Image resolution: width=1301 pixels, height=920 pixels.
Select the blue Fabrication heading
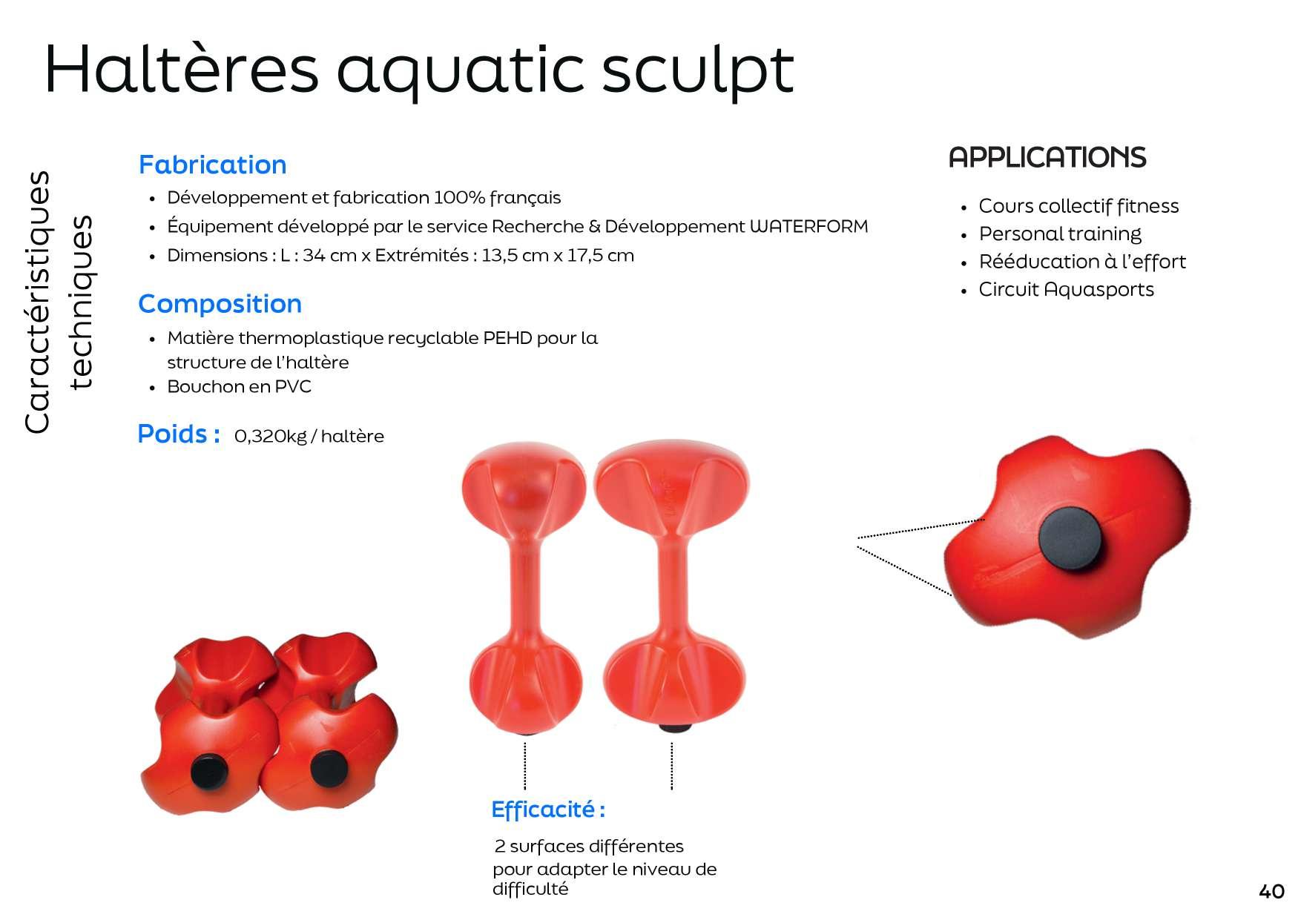point(212,165)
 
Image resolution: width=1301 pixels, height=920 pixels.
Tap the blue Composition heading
point(220,304)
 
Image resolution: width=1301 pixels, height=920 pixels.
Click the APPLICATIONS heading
point(1047,157)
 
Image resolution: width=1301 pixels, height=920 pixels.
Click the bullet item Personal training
point(1060,234)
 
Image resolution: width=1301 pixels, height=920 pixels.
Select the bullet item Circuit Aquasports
point(1067,289)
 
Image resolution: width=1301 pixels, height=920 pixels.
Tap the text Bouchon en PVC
point(239,386)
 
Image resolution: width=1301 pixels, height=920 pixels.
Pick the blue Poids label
point(179,434)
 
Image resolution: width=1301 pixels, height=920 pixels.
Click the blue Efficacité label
point(548,810)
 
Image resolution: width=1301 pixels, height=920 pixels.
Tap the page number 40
point(1271,891)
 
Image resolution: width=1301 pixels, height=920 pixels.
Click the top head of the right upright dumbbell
point(672,486)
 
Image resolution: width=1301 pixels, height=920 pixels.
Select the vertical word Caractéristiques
point(37,302)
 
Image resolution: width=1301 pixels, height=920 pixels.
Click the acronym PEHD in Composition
point(507,338)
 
